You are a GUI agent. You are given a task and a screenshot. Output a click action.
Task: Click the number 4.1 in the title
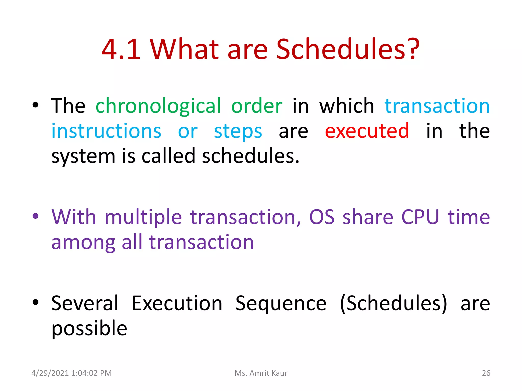(x=121, y=49)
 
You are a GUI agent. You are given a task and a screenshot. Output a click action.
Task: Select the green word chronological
(x=158, y=106)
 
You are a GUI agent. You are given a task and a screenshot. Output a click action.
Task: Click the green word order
(x=257, y=106)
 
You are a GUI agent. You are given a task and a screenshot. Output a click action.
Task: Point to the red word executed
(x=367, y=131)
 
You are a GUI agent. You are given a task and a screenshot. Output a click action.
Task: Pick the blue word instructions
(x=106, y=131)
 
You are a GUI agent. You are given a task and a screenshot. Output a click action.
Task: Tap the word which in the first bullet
(x=347, y=106)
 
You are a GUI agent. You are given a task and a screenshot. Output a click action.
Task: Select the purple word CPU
(x=420, y=217)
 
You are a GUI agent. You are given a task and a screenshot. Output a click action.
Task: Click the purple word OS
(x=322, y=217)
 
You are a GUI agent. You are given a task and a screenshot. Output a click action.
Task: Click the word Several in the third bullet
(x=85, y=303)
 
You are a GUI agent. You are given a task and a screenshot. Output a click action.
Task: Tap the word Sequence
(x=281, y=304)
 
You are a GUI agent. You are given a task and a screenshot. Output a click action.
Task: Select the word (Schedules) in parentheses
(x=394, y=303)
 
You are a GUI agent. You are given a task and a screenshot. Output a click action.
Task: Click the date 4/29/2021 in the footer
(x=50, y=373)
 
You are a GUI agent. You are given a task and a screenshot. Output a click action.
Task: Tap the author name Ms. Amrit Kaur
(x=261, y=373)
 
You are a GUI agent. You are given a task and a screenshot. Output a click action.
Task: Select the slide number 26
(x=486, y=373)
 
